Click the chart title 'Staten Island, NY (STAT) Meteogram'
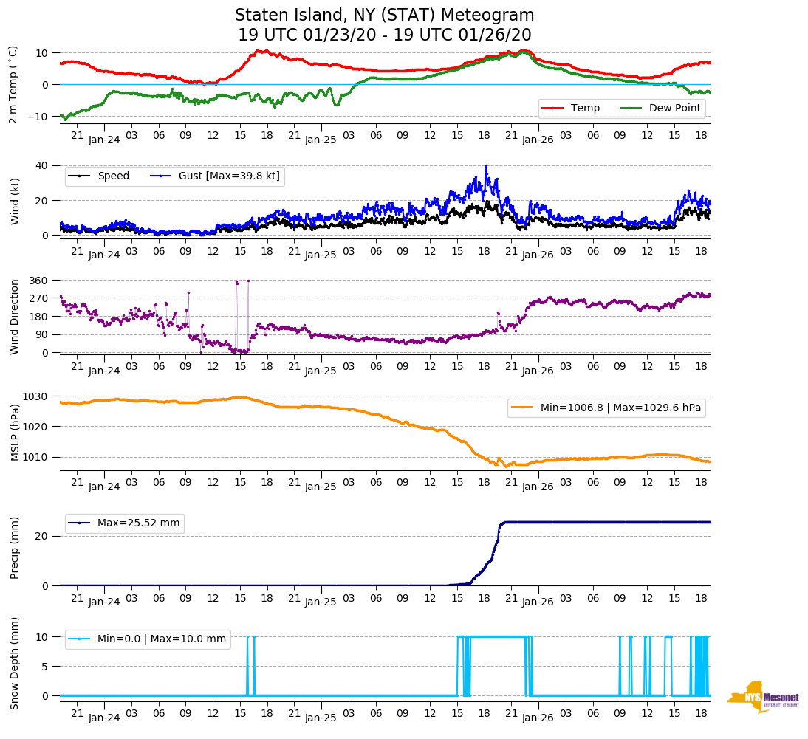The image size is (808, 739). (x=384, y=16)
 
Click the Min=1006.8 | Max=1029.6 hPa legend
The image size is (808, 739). (x=606, y=408)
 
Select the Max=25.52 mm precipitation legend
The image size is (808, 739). (x=125, y=523)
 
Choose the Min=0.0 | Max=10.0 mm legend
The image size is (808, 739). (x=148, y=639)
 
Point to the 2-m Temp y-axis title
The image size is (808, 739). (x=13, y=83)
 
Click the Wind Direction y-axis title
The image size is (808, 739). (x=15, y=316)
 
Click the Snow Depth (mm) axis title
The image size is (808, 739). (x=15, y=663)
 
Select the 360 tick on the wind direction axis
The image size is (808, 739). (x=38, y=281)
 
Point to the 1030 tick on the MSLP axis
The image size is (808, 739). (x=35, y=396)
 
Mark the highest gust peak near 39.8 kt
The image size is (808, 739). (x=486, y=166)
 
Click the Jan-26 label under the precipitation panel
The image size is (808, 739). (x=538, y=602)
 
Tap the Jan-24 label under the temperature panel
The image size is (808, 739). (x=104, y=139)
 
